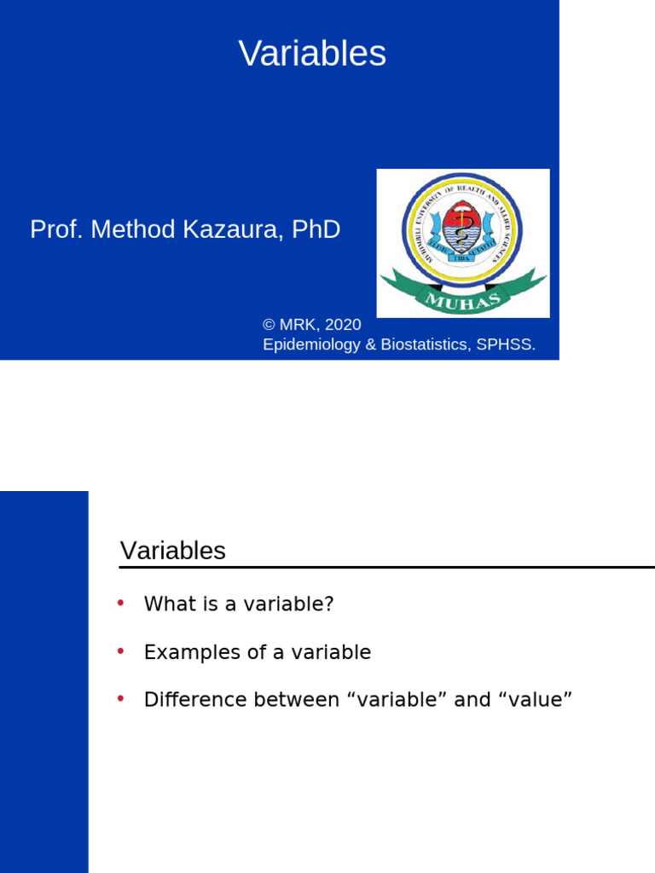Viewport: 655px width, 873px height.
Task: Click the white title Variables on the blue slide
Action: (x=312, y=55)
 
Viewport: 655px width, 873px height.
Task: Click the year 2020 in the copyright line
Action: (x=343, y=325)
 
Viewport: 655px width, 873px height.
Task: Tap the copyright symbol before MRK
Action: (x=270, y=325)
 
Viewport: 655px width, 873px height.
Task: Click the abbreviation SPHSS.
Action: (x=509, y=344)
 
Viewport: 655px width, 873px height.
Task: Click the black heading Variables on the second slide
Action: (x=173, y=551)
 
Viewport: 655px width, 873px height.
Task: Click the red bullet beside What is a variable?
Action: (x=120, y=603)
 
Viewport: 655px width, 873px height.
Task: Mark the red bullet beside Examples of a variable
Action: (x=120, y=651)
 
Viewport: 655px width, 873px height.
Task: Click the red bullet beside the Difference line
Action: (x=120, y=699)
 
